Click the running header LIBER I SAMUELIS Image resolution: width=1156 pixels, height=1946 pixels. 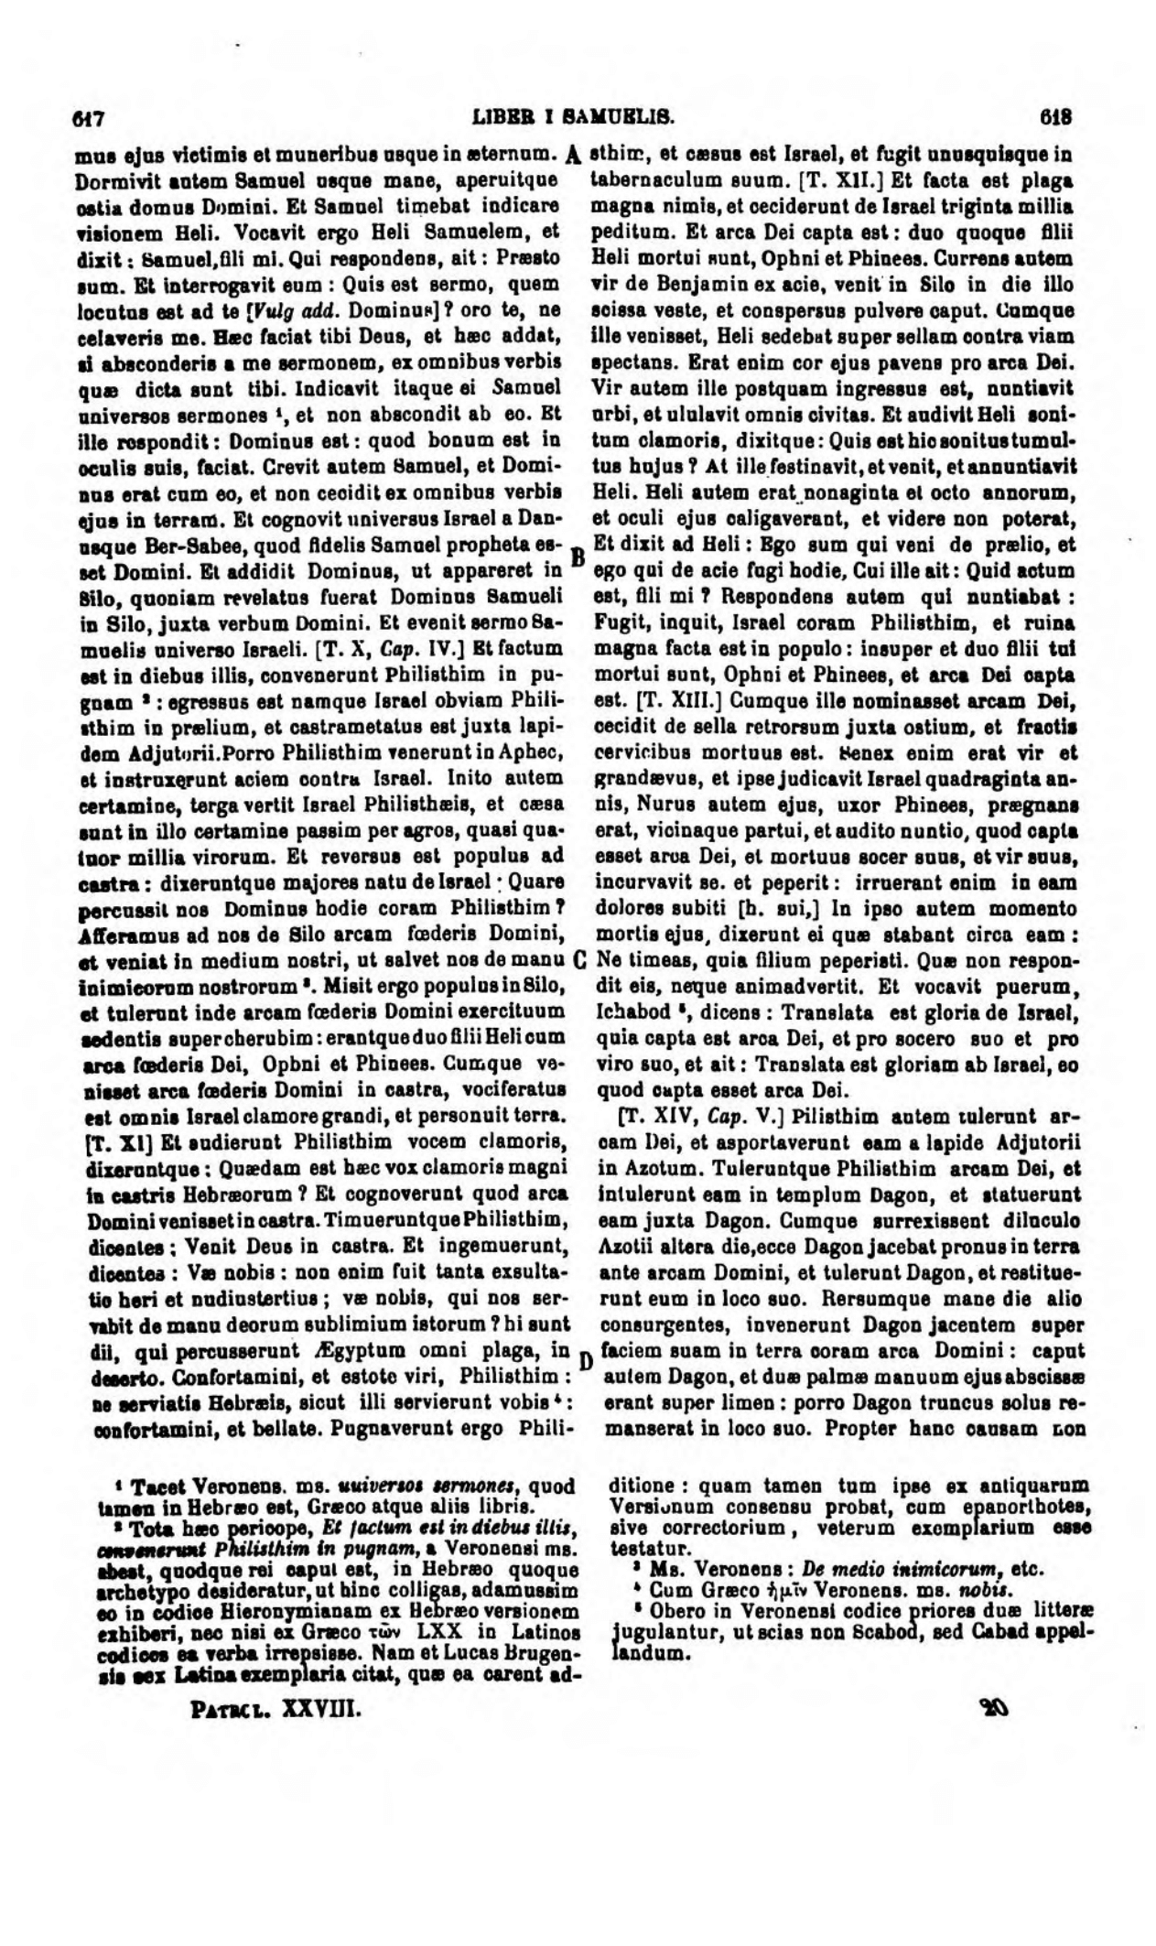[x=574, y=118]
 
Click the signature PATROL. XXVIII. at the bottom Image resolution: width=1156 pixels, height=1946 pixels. [x=275, y=1708]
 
